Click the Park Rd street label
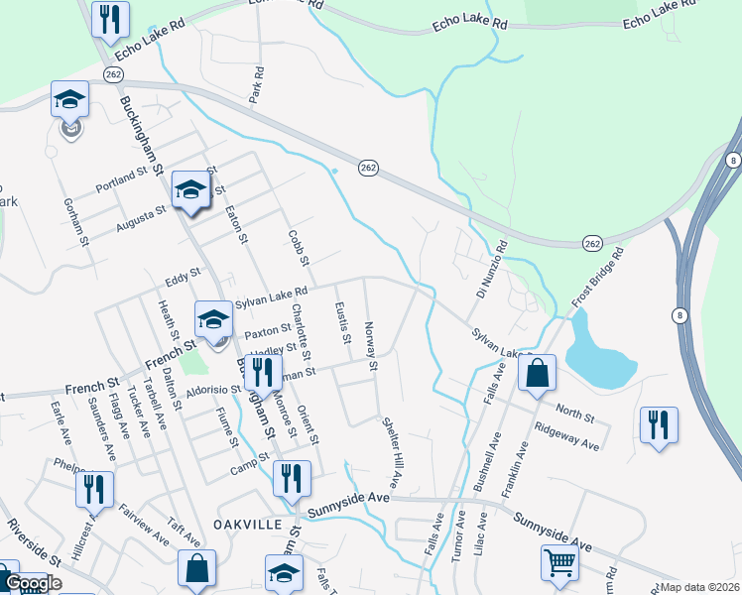[x=258, y=86]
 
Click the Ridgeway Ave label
[x=566, y=436]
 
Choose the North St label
[x=573, y=410]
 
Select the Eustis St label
[x=343, y=324]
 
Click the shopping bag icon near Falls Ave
[x=537, y=374]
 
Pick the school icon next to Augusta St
[x=190, y=189]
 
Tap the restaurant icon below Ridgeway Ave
[x=659, y=424]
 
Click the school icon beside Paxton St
[x=212, y=318]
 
